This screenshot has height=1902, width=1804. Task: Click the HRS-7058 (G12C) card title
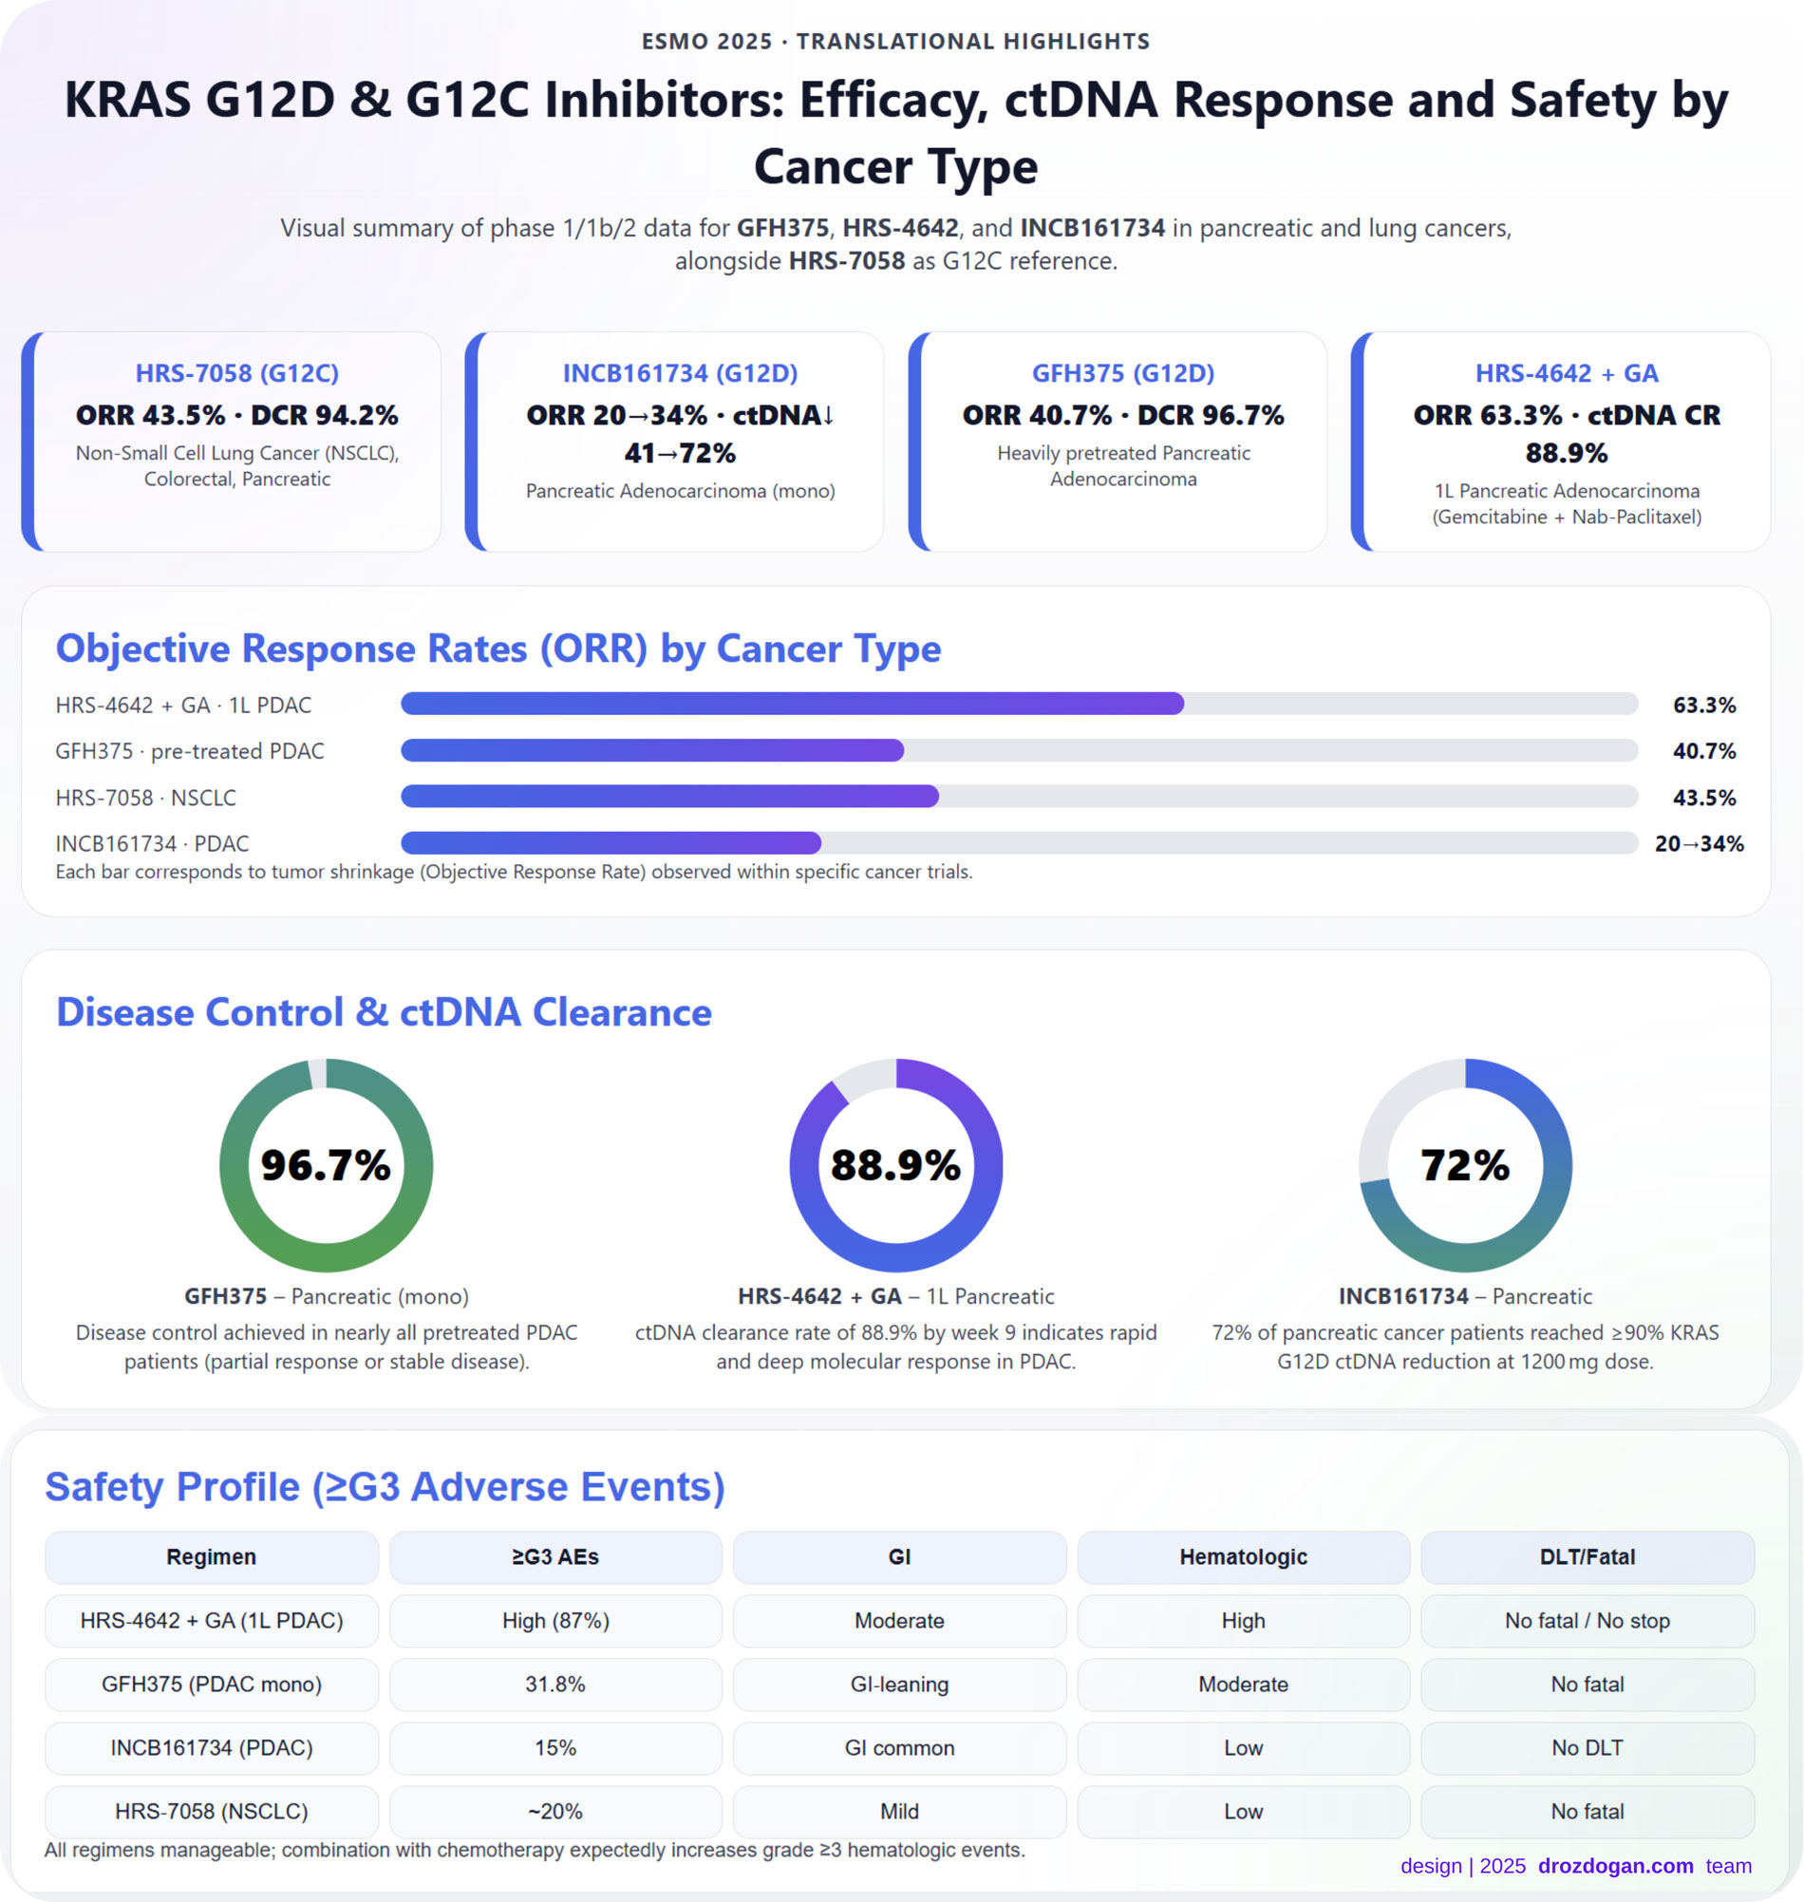pyautogui.click(x=236, y=373)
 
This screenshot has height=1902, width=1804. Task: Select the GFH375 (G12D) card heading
pyautogui.click(x=1122, y=373)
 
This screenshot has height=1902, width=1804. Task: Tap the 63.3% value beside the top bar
pyautogui.click(x=1703, y=705)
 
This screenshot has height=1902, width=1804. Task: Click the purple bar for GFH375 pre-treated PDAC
pyautogui.click(x=652, y=750)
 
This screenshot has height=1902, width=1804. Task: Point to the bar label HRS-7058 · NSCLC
pyautogui.click(x=145, y=797)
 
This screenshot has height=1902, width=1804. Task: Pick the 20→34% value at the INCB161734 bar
pyautogui.click(x=1699, y=843)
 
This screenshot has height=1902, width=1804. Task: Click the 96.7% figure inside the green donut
pyautogui.click(x=326, y=1165)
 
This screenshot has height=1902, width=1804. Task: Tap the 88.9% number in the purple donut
pyautogui.click(x=895, y=1165)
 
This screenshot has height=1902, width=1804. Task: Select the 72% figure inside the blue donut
pyautogui.click(x=1464, y=1165)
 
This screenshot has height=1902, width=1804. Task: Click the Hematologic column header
pyautogui.click(x=1243, y=1556)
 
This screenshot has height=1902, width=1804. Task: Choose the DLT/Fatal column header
pyautogui.click(x=1587, y=1556)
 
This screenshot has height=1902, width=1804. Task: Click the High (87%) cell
pyautogui.click(x=554, y=1620)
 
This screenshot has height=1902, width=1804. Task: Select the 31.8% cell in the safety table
pyautogui.click(x=554, y=1684)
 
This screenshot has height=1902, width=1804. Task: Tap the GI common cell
pyautogui.click(x=899, y=1747)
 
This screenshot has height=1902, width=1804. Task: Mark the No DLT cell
pyautogui.click(x=1587, y=1747)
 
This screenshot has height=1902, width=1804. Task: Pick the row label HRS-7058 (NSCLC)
pyautogui.click(x=212, y=1811)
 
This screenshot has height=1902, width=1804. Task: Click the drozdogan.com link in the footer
pyautogui.click(x=1614, y=1866)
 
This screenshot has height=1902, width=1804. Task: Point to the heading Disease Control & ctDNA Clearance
pyautogui.click(x=384, y=1012)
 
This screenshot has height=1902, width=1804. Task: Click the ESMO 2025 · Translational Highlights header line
pyautogui.click(x=895, y=42)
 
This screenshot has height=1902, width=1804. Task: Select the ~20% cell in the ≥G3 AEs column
pyautogui.click(x=554, y=1811)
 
